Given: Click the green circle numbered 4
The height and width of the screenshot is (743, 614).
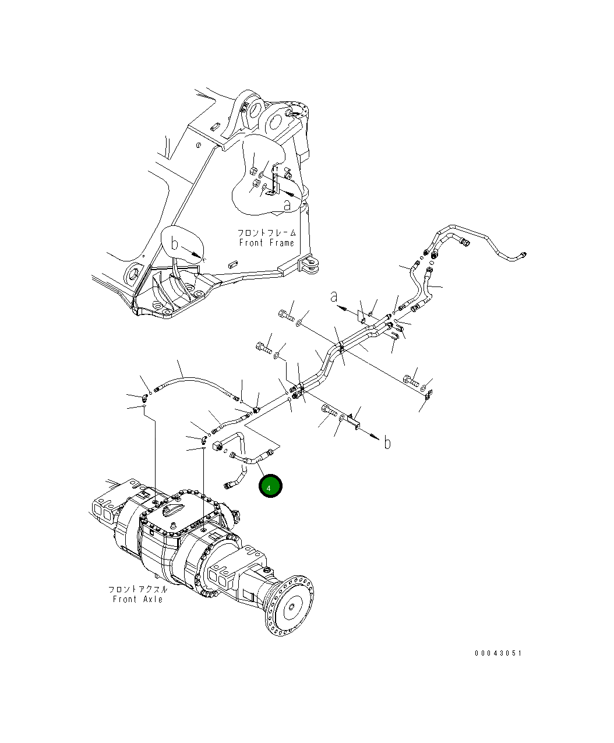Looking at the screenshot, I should (270, 486).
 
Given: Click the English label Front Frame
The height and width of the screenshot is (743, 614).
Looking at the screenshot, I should (266, 243).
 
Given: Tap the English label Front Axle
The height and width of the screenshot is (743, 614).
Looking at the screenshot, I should (138, 599).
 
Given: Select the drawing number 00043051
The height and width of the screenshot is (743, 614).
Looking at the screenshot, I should (498, 653).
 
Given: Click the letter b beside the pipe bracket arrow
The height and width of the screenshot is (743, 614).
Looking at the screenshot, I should (387, 443).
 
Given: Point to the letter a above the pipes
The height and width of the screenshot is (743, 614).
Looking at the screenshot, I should (334, 297).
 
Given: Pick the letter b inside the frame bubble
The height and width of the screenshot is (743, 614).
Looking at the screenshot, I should (174, 243).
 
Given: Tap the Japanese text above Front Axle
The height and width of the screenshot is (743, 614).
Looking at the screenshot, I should (138, 589).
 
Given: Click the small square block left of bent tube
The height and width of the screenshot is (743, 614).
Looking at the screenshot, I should (219, 447).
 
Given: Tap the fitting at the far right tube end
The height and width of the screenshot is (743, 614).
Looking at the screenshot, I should (523, 255).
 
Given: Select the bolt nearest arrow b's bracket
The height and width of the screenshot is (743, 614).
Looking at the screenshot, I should (329, 412).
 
